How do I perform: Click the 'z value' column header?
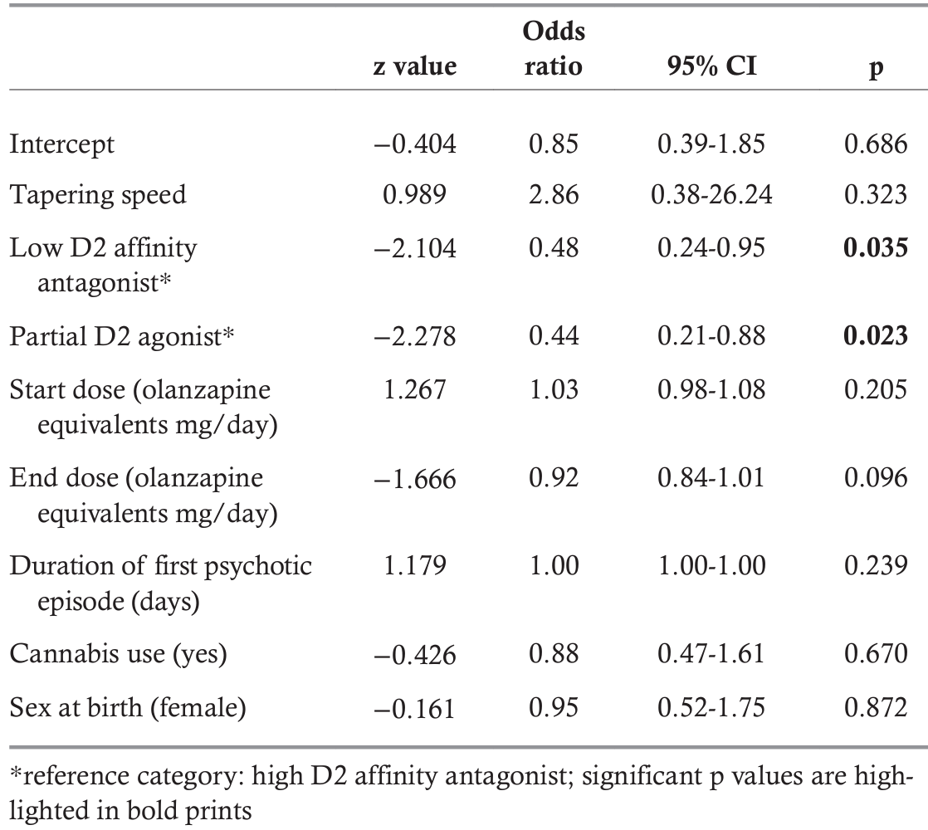pyautogui.click(x=415, y=66)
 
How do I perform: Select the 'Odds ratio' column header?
pyautogui.click(x=554, y=48)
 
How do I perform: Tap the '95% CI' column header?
pyautogui.click(x=711, y=66)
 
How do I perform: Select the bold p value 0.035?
pyautogui.click(x=876, y=248)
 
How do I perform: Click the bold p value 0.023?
pyautogui.click(x=876, y=335)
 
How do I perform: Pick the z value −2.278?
pyautogui.click(x=415, y=336)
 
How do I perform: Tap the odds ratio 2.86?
pyautogui.click(x=554, y=194)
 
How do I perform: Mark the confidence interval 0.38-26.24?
pyautogui.click(x=711, y=194)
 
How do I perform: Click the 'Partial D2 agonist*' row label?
pyautogui.click(x=121, y=337)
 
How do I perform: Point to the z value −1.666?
pyautogui.click(x=415, y=478)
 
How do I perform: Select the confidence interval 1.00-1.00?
pyautogui.click(x=711, y=565)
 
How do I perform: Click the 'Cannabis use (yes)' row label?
pyautogui.click(x=118, y=654)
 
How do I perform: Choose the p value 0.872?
pyautogui.click(x=876, y=707)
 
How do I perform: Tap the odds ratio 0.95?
pyautogui.click(x=554, y=707)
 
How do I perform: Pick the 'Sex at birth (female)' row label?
pyautogui.click(x=127, y=708)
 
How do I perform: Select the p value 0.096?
pyautogui.click(x=876, y=478)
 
